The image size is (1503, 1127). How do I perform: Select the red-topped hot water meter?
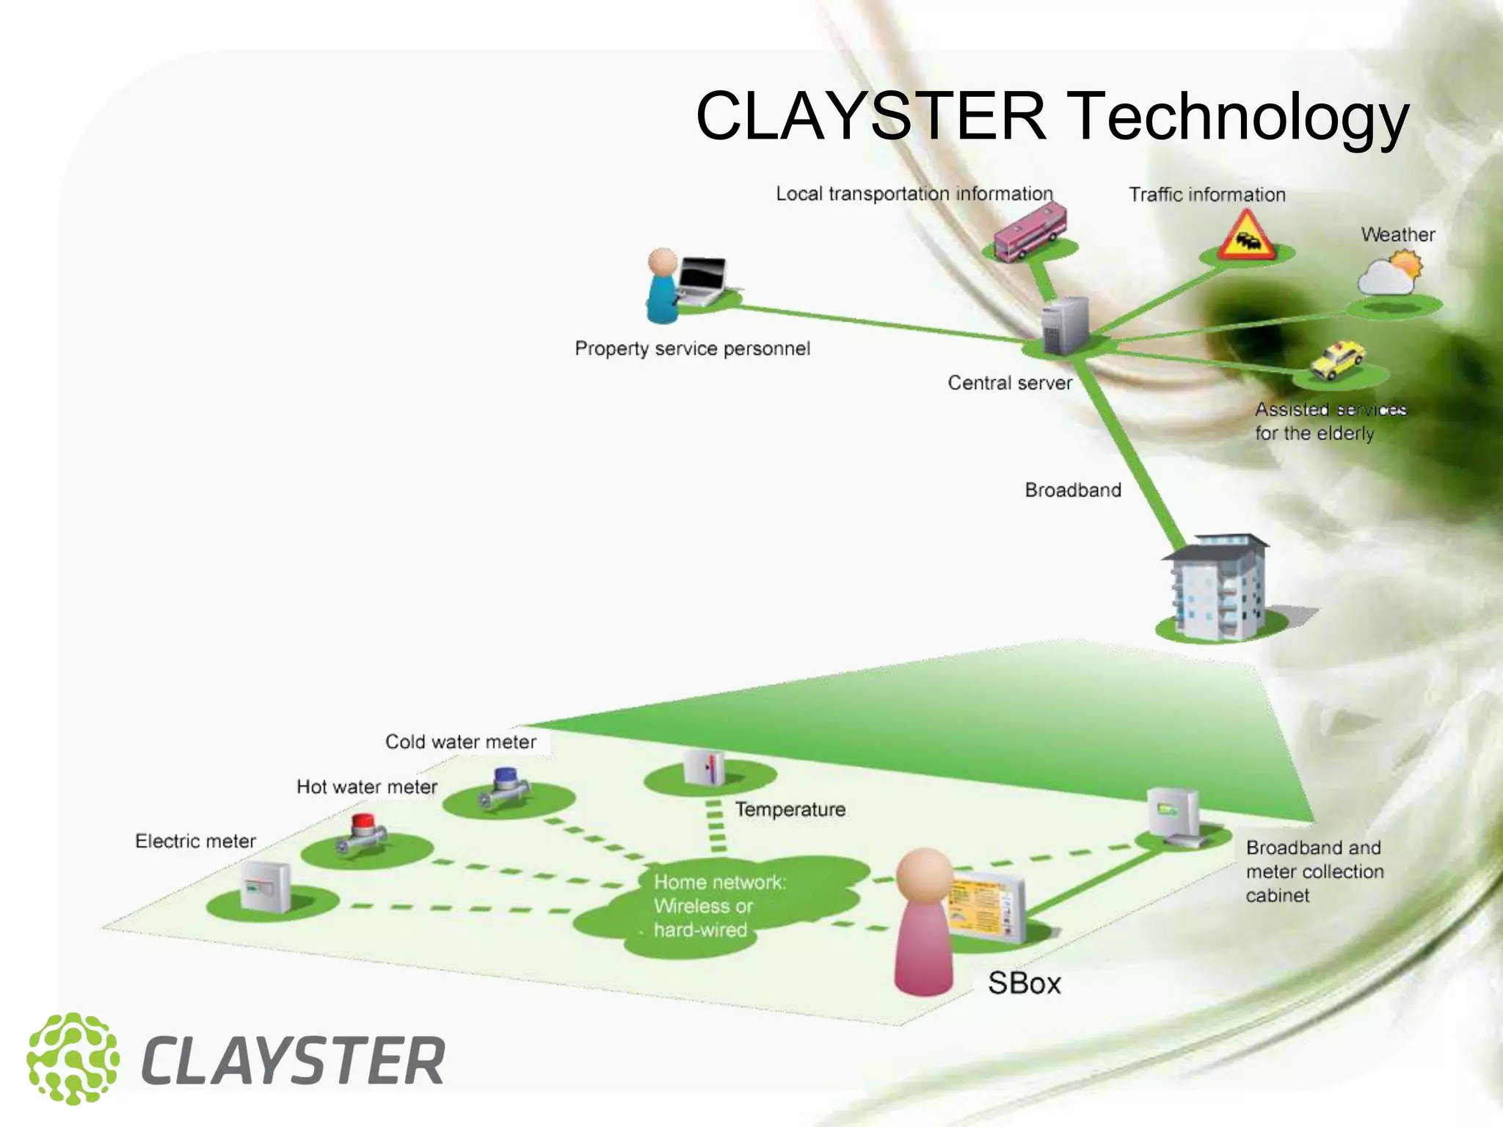pos(361,834)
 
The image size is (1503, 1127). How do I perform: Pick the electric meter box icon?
pos(266,886)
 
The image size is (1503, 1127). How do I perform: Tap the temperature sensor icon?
pos(704,767)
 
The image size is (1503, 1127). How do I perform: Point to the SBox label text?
pos(1024,983)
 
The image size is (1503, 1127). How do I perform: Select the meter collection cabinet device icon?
pos(1173,816)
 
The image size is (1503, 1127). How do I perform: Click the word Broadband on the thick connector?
pos(1072,490)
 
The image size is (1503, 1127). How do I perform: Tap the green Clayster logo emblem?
pos(73,1059)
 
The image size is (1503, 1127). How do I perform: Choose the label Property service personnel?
pos(692,349)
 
